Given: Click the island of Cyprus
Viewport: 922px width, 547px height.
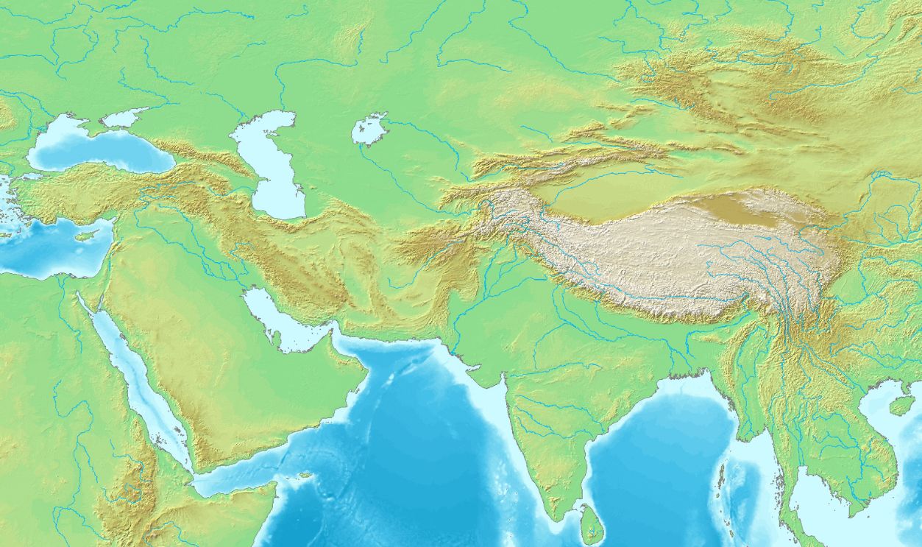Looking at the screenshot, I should click(x=87, y=236).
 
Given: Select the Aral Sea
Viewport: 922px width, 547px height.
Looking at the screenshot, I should click(x=369, y=130).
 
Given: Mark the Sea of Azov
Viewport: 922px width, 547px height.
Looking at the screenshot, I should click(x=124, y=118).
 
